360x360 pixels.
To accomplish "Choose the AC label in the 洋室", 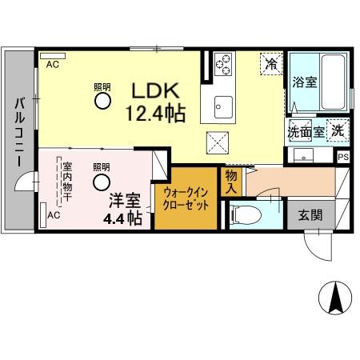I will tap(54, 215).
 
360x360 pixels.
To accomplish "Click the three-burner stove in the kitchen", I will tap(222, 62).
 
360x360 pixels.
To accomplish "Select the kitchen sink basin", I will tap(222, 104).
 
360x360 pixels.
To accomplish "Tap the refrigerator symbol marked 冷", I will tap(272, 63).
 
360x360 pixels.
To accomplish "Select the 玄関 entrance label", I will tap(310, 214).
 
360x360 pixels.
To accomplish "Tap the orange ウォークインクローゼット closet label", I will tap(186, 198).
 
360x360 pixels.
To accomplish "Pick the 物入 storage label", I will tap(231, 181).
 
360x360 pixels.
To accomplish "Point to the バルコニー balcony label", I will tap(18, 132).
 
